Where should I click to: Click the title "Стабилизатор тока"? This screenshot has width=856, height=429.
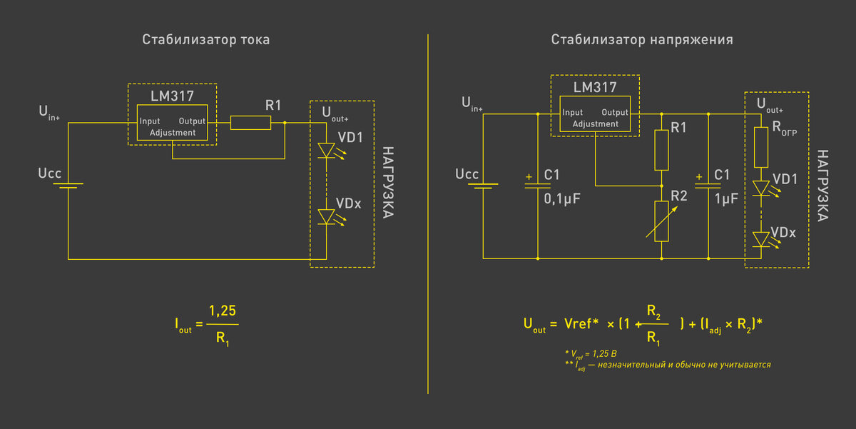206,40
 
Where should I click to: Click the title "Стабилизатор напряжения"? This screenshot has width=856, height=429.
642,40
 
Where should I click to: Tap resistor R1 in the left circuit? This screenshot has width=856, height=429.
250,123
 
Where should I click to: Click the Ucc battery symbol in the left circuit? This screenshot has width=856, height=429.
68,186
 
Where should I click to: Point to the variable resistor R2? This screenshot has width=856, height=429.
661,221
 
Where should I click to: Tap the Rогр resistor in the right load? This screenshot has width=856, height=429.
761,147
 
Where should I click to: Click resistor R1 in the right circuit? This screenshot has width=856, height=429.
661,150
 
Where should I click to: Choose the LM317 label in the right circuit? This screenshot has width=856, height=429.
595,88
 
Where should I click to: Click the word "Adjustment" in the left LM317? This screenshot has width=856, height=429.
173,133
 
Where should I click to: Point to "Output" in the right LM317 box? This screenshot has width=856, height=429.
614,112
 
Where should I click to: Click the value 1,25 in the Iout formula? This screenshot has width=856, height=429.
223,311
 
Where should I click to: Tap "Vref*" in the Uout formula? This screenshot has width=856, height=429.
581,323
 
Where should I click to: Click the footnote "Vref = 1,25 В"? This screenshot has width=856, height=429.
591,354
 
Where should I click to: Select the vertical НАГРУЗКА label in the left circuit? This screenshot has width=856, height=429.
388,183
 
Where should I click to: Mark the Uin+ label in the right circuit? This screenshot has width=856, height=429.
472,104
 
